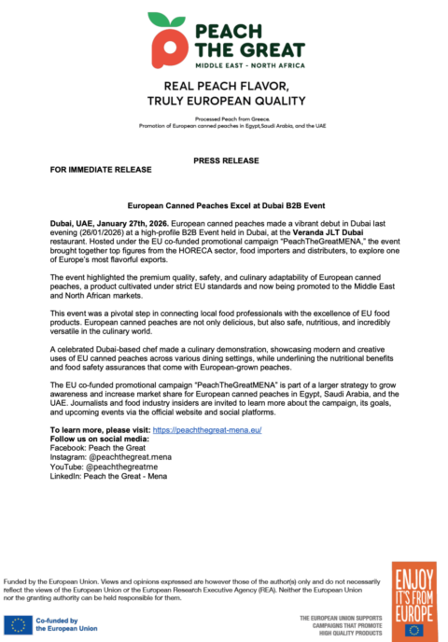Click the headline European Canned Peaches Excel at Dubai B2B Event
click(223, 203)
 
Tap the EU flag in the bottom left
click(16, 623)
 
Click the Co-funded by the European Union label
click(67, 623)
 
